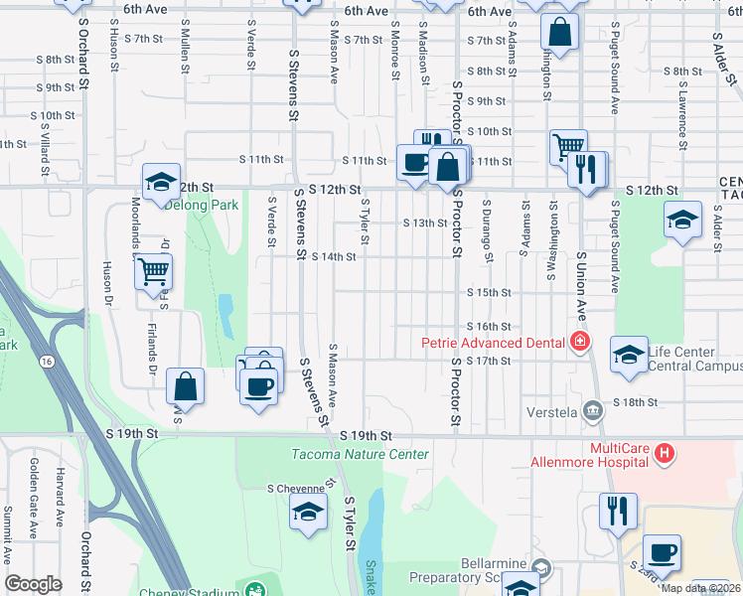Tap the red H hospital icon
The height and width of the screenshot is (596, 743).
(x=665, y=456)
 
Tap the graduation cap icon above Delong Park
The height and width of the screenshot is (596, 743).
(x=161, y=183)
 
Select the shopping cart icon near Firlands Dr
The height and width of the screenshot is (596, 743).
(x=153, y=271)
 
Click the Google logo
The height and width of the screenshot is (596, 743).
(x=33, y=584)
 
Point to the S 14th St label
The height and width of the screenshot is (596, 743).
(x=334, y=256)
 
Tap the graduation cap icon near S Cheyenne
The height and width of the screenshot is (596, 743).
(x=309, y=514)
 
